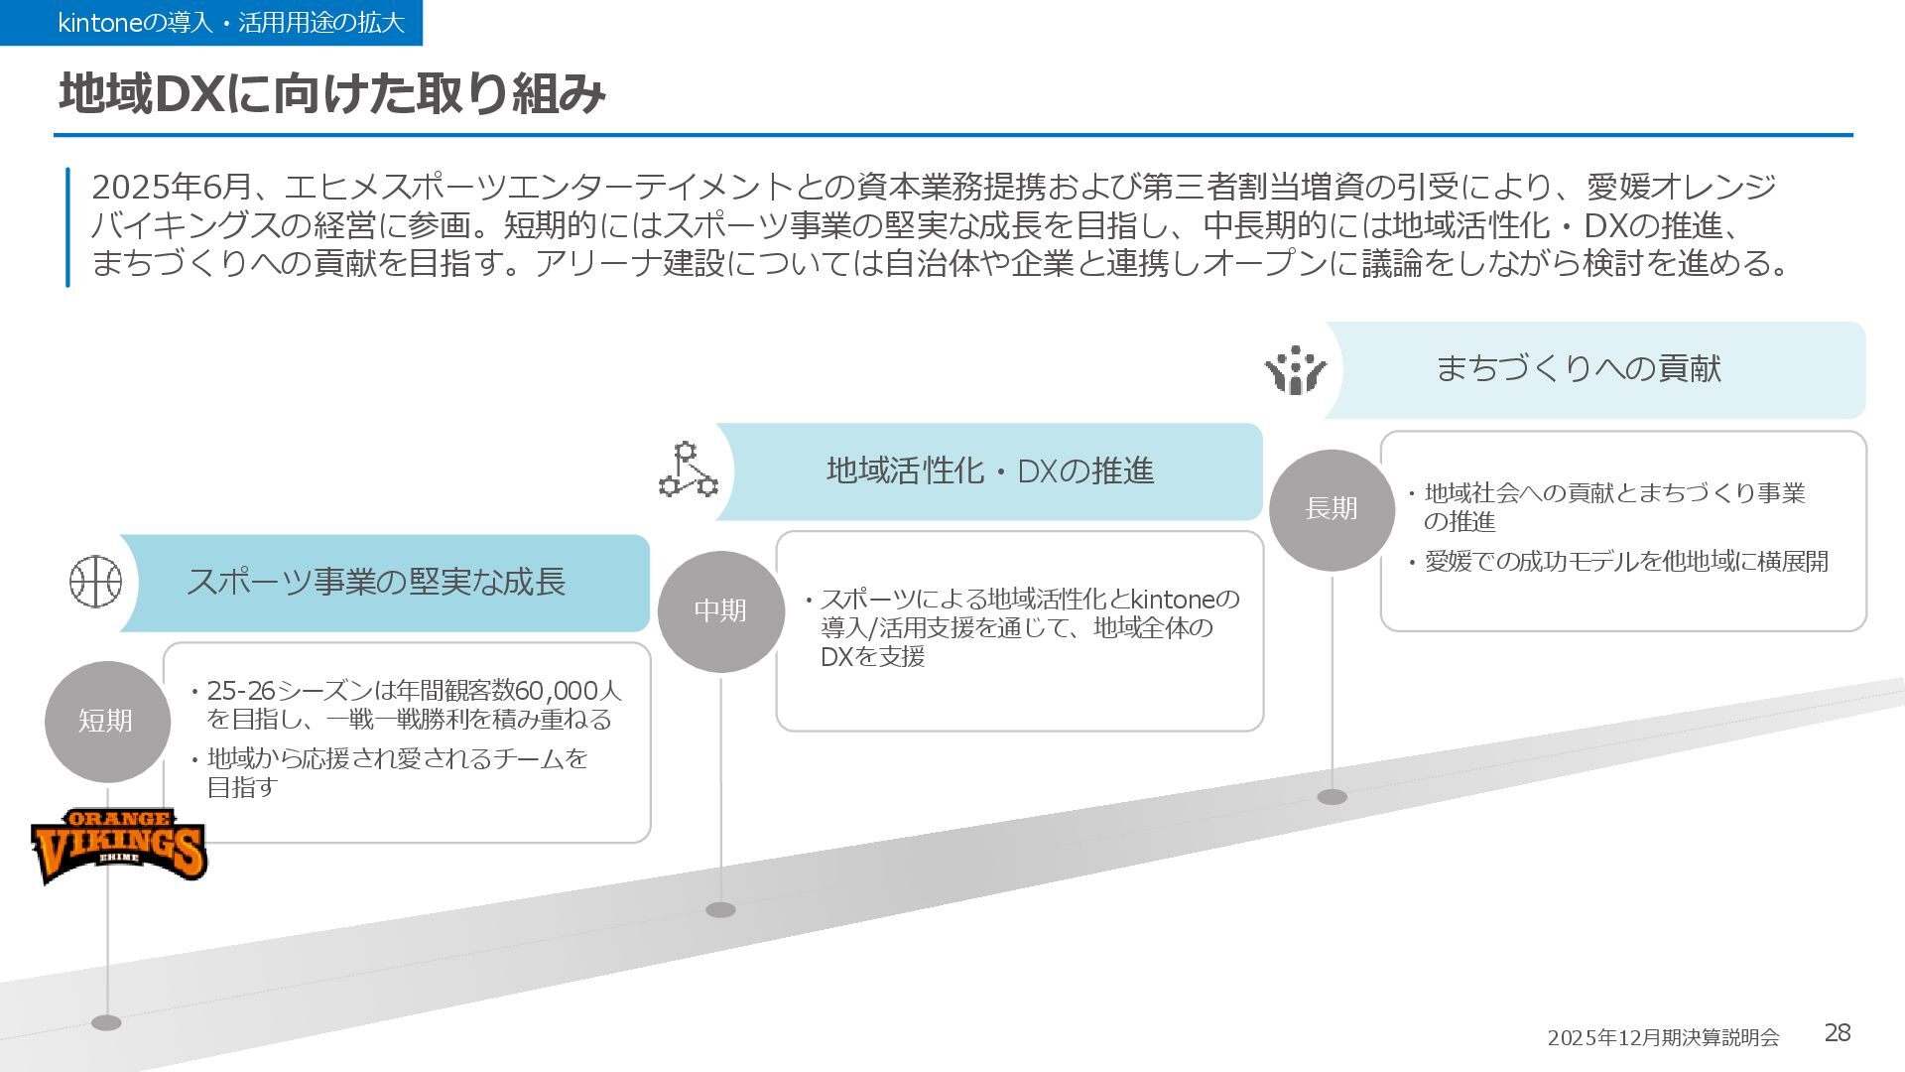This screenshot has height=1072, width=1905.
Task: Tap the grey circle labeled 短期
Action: (106, 722)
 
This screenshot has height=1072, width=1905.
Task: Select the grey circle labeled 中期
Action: (720, 611)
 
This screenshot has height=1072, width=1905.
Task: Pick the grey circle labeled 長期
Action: (1332, 509)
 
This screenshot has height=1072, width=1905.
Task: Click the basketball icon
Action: (95, 582)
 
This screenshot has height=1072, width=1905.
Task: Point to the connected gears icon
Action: (688, 470)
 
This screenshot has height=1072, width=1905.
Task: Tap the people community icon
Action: (1295, 370)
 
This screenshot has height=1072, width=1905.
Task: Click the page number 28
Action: (1838, 1033)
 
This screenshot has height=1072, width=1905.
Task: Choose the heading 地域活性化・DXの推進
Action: (989, 470)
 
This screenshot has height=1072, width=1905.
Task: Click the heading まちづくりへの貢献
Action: (1578, 369)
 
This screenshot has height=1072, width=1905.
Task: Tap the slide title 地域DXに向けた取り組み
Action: (332, 94)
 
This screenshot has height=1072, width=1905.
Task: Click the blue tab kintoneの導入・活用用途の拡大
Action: (211, 23)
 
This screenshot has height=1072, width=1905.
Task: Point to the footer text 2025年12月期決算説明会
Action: (1663, 1037)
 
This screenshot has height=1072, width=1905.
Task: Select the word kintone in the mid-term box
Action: (1173, 600)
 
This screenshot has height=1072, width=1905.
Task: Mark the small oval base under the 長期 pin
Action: (1332, 797)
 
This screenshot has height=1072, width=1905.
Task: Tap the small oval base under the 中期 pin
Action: (720, 910)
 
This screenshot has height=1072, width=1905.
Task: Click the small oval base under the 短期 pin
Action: (106, 1023)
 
